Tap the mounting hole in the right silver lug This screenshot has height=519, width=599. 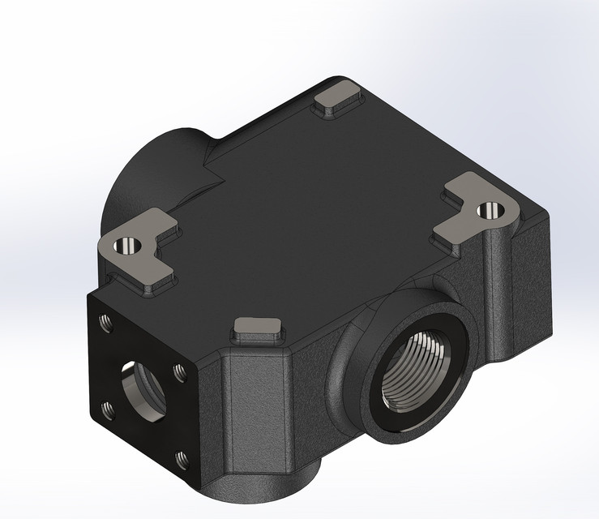tap(488, 211)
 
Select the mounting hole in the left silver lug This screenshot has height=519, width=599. tap(127, 243)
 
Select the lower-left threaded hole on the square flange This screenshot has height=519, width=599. tap(106, 409)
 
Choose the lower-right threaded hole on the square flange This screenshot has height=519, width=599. tap(179, 461)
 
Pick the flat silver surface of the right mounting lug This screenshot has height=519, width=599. tap(470, 207)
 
